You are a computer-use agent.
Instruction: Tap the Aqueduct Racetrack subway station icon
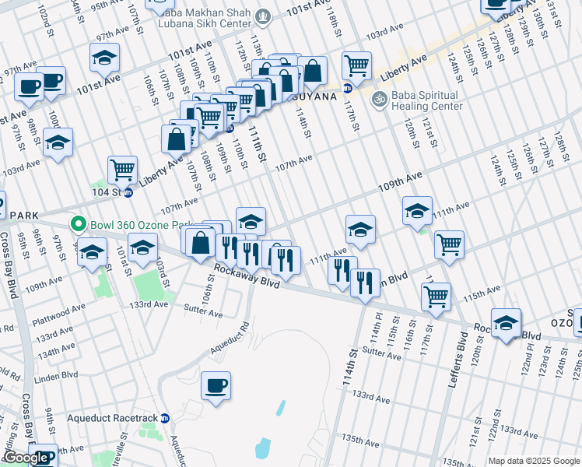point(165,418)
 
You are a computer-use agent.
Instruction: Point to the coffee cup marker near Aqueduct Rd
point(216,385)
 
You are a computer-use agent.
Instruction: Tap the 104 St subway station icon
point(128,192)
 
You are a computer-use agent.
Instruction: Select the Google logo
point(26,458)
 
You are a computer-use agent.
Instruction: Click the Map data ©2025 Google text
point(534,461)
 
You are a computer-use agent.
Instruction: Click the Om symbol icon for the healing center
point(380,99)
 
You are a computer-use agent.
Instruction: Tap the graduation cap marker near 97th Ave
point(103,58)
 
